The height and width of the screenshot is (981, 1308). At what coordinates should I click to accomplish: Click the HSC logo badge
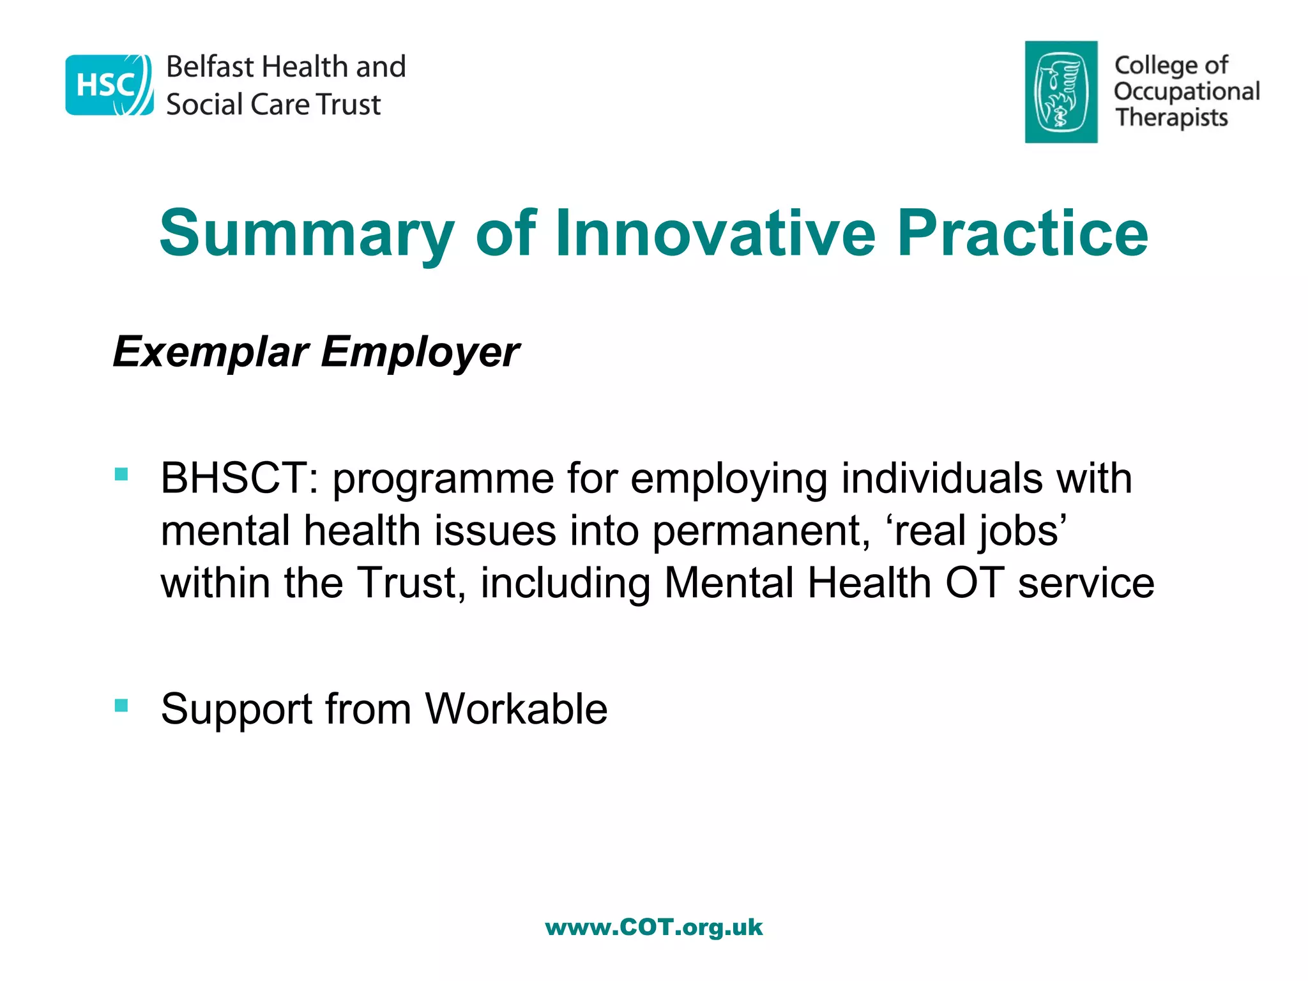pos(109,85)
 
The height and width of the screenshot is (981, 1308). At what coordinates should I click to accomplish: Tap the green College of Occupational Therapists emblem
pos(1061,92)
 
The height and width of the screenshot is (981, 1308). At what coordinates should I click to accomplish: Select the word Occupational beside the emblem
pos(1187,91)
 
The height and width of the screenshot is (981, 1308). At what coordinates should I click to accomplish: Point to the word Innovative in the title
pos(715,234)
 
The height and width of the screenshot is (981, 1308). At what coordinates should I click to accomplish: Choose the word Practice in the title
pos(1023,234)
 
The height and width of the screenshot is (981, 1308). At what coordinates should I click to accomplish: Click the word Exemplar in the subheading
pos(211,352)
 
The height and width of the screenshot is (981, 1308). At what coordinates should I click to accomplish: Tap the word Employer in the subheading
pos(420,352)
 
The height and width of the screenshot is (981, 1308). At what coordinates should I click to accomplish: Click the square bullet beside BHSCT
pos(121,474)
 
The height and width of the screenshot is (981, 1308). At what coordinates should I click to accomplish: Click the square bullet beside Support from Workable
pos(121,705)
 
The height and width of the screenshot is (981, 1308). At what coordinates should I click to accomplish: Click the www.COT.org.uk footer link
pos(653,927)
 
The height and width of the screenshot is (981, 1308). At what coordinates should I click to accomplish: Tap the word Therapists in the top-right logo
pos(1171,118)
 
